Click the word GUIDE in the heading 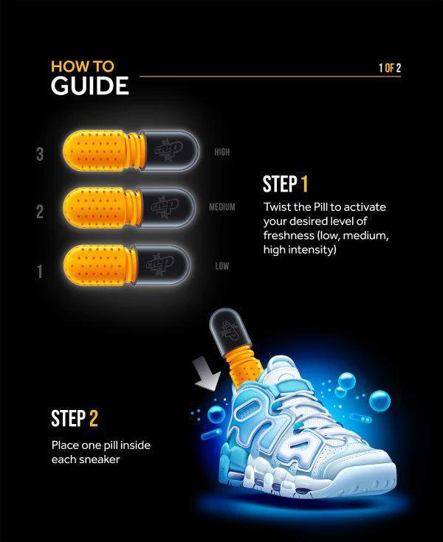89,86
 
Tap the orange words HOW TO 83,65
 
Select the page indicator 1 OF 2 389,69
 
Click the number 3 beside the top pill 40,154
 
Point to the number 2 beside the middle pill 40,212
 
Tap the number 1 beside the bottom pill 40,271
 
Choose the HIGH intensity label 221,153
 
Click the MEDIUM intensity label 221,207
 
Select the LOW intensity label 221,265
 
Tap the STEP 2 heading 74,419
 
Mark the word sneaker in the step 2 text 100,459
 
